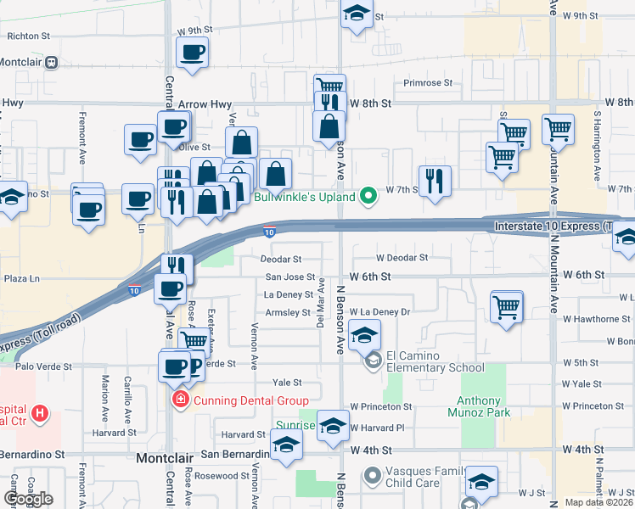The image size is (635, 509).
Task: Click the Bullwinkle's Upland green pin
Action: pyautogui.click(x=368, y=196)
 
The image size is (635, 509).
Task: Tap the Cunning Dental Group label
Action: pyautogui.click(x=242, y=400)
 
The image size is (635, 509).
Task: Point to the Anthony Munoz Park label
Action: pyautogui.click(x=484, y=406)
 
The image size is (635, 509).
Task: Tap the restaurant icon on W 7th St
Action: pyautogui.click(x=435, y=181)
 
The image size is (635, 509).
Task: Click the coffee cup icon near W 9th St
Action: pyautogui.click(x=193, y=53)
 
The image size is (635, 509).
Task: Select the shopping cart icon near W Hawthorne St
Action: pyautogui.click(x=507, y=307)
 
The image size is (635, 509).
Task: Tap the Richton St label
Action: pyautogui.click(x=30, y=36)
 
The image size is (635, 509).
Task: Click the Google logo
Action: pyautogui.click(x=28, y=499)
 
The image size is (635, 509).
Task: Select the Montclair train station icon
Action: pyautogui.click(x=52, y=62)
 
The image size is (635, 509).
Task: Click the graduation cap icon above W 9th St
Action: pyautogui.click(x=357, y=14)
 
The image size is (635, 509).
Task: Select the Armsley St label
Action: pyautogui.click(x=288, y=312)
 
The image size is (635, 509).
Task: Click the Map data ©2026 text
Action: pyautogui.click(x=599, y=502)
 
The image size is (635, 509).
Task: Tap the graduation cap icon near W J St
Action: pyautogui.click(x=481, y=484)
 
